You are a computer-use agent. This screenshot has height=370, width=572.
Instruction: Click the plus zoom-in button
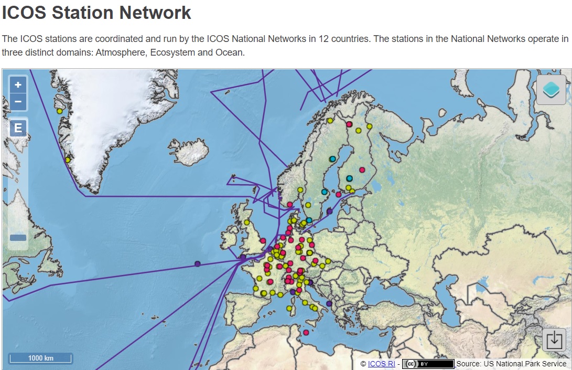tap(18, 84)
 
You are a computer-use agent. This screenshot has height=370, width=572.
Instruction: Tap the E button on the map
tap(18, 128)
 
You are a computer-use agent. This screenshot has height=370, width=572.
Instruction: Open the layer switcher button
tap(551, 90)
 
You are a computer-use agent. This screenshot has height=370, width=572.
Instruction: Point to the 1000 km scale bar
tap(40, 358)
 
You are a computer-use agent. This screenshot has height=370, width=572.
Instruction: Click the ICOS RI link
tap(381, 364)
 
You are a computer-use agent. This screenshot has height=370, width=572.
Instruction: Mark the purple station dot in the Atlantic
tap(198, 263)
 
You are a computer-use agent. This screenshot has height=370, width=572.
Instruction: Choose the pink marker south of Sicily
tap(306, 332)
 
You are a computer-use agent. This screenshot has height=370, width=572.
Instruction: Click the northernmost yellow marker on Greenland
tap(60, 111)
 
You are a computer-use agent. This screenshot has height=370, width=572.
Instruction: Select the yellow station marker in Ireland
tap(246, 222)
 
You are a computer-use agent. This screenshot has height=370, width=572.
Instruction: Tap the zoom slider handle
tap(18, 238)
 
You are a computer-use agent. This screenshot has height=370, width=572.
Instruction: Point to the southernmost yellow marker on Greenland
tap(68, 160)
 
